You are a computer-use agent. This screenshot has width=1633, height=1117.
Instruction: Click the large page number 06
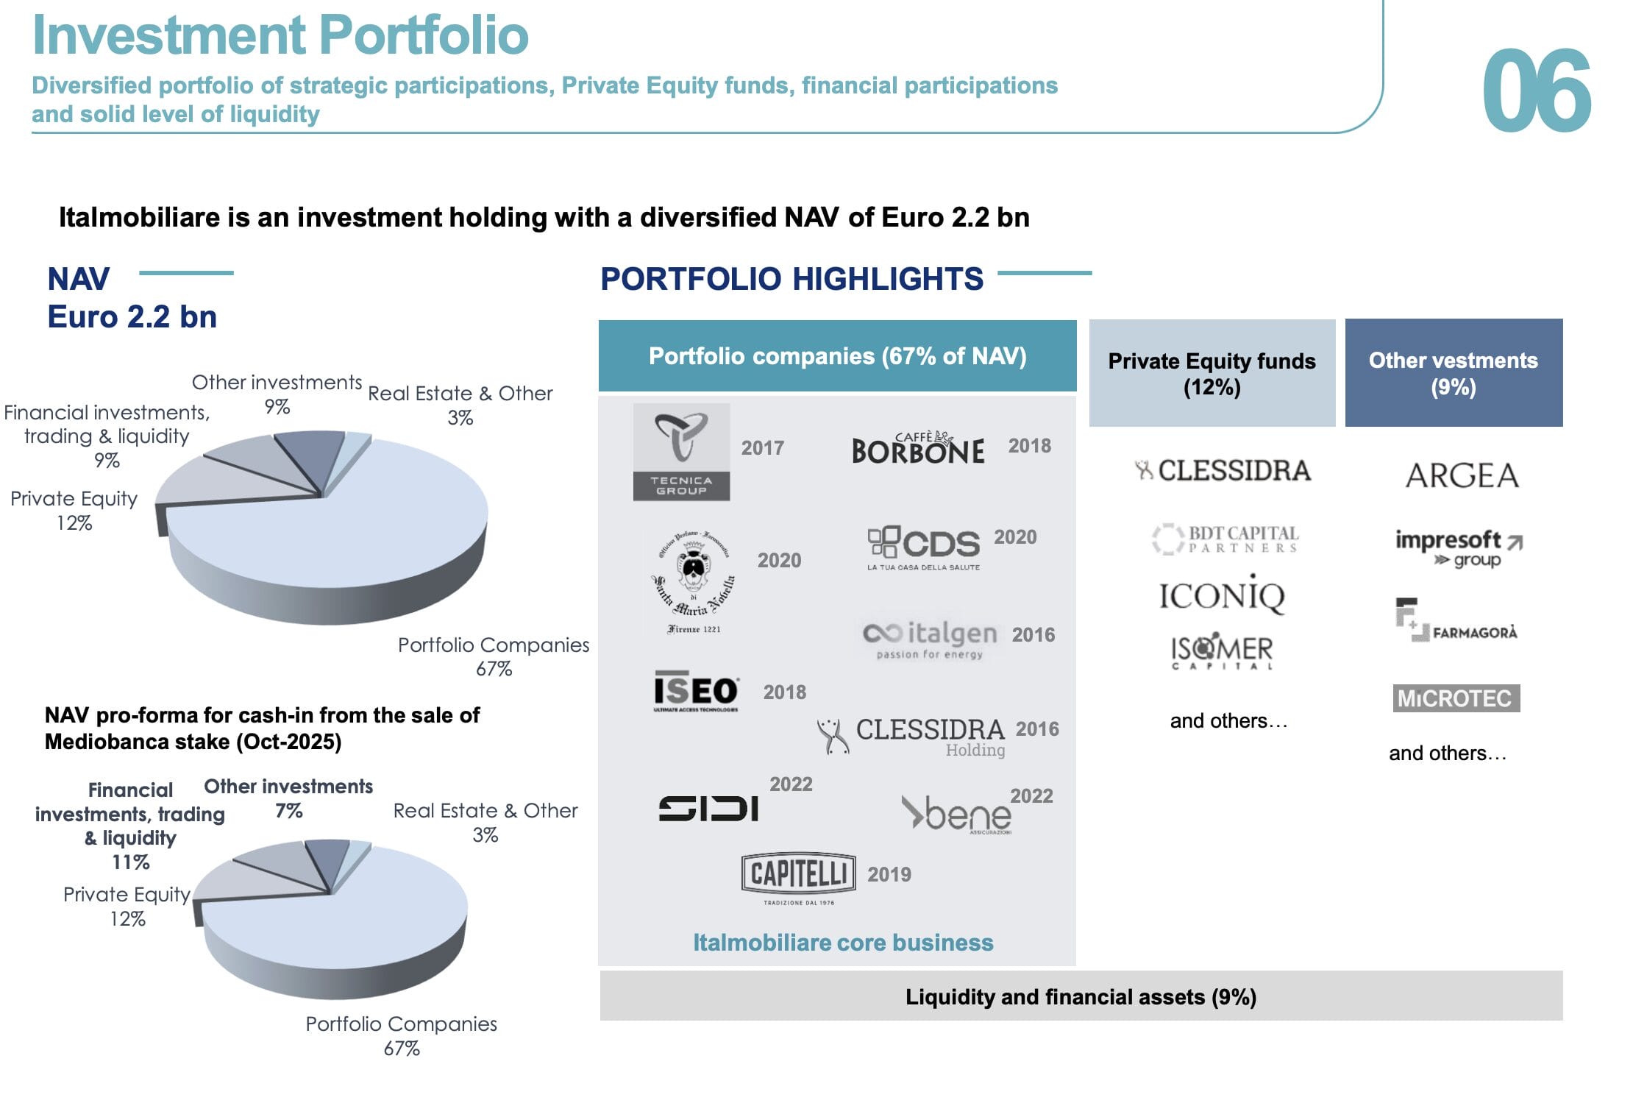tap(1536, 91)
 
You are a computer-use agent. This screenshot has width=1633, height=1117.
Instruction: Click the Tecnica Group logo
tap(681, 452)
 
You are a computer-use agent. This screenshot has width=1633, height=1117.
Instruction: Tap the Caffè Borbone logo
tap(917, 447)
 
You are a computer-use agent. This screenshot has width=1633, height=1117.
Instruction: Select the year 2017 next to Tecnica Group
tap(762, 447)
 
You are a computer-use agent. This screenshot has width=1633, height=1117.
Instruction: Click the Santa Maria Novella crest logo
tap(693, 581)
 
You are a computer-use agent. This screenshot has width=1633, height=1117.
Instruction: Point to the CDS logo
tap(924, 547)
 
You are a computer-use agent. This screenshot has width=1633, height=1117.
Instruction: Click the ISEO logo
tap(696, 691)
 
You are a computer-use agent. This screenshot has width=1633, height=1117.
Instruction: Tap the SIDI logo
tap(708, 809)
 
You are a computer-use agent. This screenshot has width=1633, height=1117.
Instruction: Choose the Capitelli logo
tap(798, 876)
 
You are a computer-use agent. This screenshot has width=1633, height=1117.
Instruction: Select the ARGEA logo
tap(1462, 475)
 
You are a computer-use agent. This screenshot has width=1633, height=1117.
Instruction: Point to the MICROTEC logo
tap(1456, 698)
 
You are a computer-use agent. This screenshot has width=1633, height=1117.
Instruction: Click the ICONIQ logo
tap(1222, 595)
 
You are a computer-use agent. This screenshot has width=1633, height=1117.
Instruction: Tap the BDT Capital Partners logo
tap(1225, 539)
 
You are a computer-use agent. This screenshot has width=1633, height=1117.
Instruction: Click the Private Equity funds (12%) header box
tap(1212, 373)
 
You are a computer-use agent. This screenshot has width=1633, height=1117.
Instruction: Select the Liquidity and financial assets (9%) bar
tap(1081, 996)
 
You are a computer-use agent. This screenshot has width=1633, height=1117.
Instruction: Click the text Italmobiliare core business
tap(843, 942)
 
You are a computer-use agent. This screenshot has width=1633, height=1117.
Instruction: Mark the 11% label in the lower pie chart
tap(130, 862)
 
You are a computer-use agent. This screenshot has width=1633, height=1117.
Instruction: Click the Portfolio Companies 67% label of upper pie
tap(494, 656)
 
